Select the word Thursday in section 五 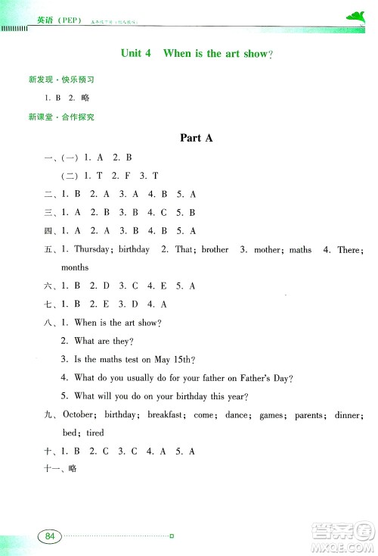point(92,249)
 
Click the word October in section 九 point(78,415)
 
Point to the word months point(75,267)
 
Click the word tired point(95,433)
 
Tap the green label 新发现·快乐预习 point(60,80)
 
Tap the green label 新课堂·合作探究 point(60,117)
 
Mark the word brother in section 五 point(215,249)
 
